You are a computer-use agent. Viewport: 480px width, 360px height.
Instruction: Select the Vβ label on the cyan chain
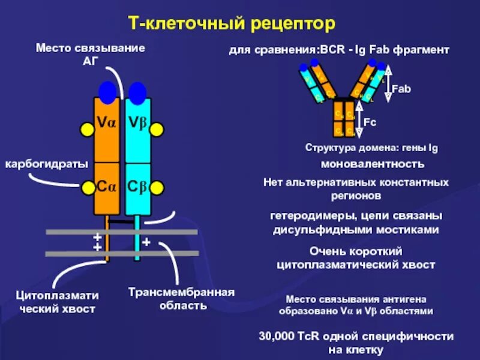click(x=137, y=124)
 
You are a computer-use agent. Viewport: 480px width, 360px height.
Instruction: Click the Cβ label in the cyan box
click(x=137, y=186)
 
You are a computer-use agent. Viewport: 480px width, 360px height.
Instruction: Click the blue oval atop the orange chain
click(x=108, y=92)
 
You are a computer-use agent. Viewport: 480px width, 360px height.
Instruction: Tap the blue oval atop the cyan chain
click(x=137, y=92)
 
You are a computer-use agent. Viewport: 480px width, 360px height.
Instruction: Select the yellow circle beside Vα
click(x=88, y=128)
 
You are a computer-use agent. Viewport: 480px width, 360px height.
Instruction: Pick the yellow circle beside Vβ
click(x=157, y=130)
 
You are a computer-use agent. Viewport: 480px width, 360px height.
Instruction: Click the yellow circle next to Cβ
click(x=157, y=188)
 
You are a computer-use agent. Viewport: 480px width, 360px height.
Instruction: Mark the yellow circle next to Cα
click(x=88, y=188)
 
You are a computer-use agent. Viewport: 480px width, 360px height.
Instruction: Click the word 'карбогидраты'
click(x=47, y=164)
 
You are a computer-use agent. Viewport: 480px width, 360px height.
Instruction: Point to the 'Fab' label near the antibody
click(x=401, y=89)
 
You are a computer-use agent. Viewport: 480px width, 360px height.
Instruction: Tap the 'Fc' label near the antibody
click(x=370, y=122)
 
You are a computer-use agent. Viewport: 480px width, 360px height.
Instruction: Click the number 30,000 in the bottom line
click(x=278, y=336)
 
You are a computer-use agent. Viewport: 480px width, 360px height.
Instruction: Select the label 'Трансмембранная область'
click(x=181, y=298)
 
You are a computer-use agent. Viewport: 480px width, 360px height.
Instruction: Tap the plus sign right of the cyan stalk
click(x=146, y=242)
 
